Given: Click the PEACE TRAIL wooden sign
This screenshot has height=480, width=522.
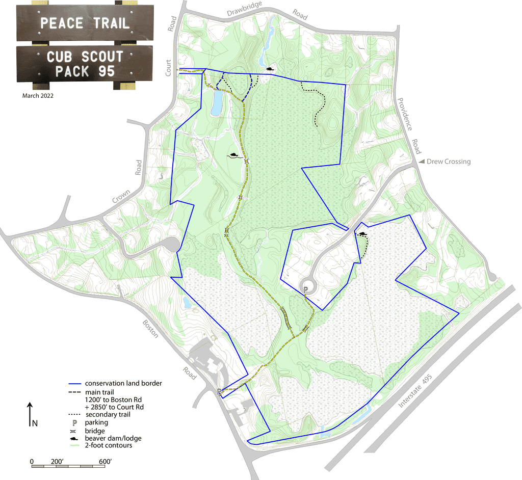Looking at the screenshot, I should click(x=85, y=23).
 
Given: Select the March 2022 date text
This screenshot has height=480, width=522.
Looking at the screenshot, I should click(x=38, y=95).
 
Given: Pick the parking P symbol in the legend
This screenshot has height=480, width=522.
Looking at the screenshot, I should click(x=75, y=422).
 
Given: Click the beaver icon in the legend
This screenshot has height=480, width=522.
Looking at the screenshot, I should click(x=75, y=438).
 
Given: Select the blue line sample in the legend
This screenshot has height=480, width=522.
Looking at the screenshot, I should click(x=74, y=384).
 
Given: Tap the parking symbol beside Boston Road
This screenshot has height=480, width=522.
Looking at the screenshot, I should click(x=219, y=391).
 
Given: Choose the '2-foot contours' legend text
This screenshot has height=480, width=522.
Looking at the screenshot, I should click(x=109, y=445).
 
